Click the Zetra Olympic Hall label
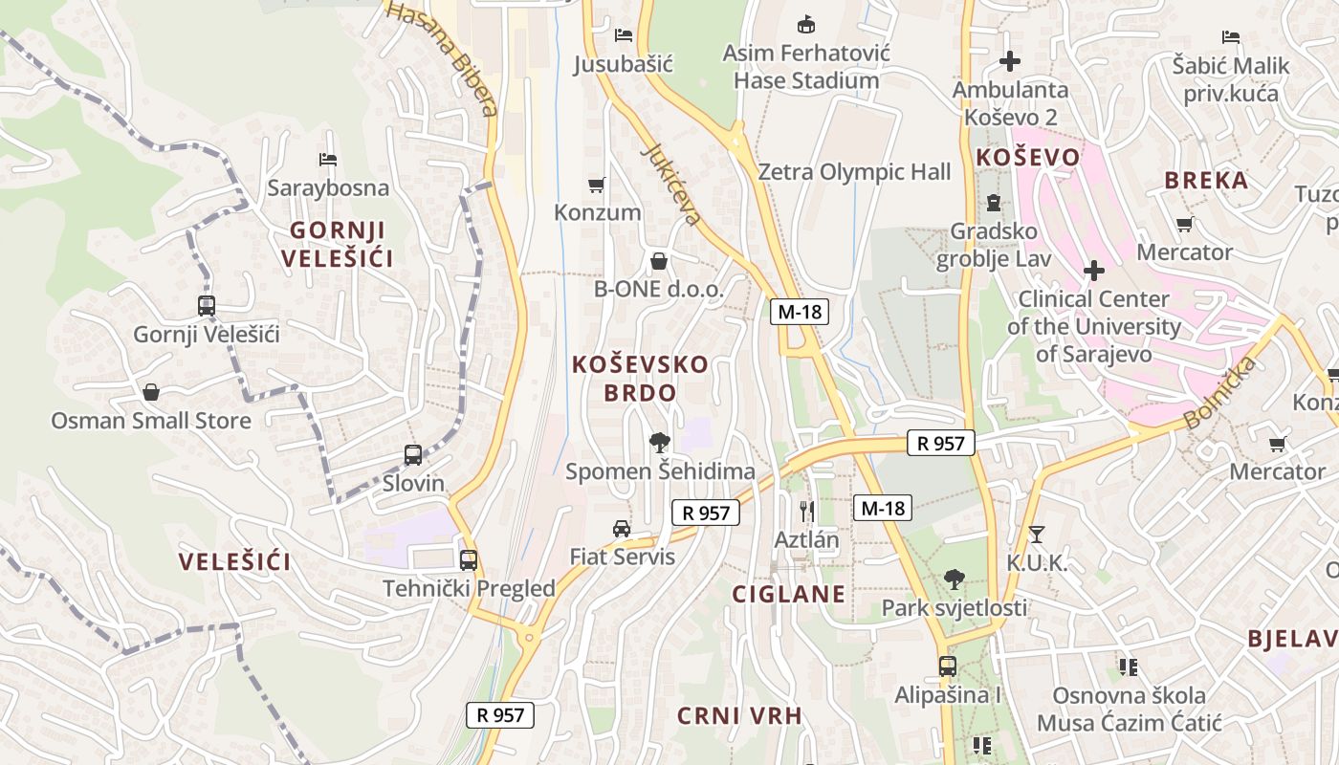tap(854, 172)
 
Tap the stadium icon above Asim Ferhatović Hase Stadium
tap(806, 23)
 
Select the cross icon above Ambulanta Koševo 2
tap(1009, 62)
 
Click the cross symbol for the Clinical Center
tap(1093, 271)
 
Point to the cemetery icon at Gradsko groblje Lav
tap(993, 203)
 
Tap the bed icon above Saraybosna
tap(328, 159)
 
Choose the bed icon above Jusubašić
tap(624, 35)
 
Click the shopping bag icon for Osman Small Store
tap(151, 392)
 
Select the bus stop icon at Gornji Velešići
tap(207, 306)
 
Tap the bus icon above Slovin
tap(413, 455)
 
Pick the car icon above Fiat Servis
tap(622, 528)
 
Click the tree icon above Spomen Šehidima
tap(659, 442)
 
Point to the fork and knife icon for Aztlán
tap(806, 511)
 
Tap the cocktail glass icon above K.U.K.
tap(1036, 535)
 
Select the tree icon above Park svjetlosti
tap(954, 579)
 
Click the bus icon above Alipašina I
tap(947, 666)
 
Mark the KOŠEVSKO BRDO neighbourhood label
tap(640, 378)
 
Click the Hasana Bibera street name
tap(443, 57)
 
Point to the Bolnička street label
tap(1218, 393)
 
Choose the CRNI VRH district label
tap(739, 715)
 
